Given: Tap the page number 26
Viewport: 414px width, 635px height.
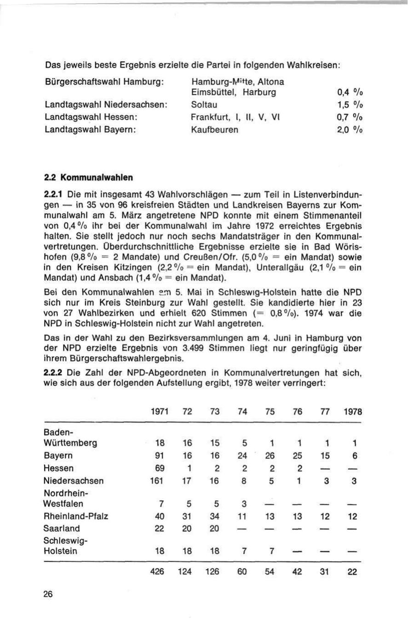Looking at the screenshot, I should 48,594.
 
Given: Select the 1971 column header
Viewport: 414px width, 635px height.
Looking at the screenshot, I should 159,412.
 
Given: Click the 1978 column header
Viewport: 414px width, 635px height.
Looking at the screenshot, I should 352,412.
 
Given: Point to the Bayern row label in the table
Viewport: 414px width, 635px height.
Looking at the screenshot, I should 58,456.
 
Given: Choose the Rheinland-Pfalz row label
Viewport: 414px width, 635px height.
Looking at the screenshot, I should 75,516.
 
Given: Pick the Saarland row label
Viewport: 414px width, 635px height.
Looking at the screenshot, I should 61,528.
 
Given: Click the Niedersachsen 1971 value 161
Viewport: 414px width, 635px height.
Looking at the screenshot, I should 158,481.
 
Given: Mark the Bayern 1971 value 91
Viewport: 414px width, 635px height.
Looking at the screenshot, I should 160,456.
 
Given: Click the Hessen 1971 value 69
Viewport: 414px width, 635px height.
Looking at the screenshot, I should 160,468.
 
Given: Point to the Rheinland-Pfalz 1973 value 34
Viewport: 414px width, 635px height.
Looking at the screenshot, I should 214,516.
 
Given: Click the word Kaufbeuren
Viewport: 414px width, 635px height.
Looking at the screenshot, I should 214,129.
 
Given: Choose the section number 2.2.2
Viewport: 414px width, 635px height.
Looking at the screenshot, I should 53,373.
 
